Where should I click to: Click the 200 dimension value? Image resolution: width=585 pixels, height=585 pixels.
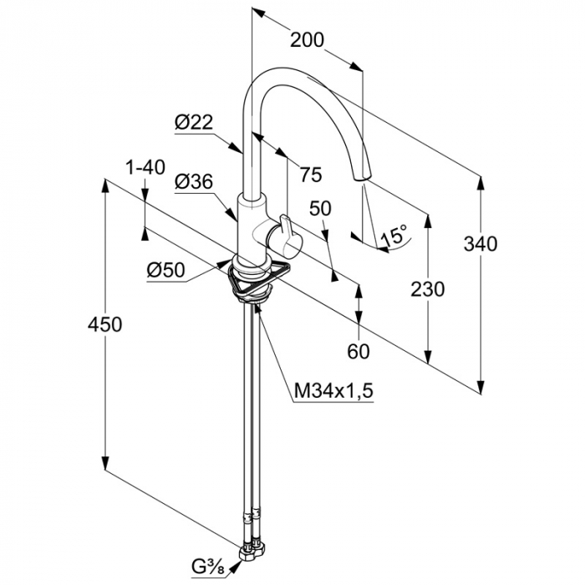click(307, 40)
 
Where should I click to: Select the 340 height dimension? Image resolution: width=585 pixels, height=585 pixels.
click(481, 244)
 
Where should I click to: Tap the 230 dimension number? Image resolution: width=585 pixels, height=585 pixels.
click(428, 289)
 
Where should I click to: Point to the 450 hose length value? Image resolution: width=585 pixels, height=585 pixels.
click(104, 324)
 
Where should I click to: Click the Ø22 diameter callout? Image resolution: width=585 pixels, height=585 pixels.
click(194, 122)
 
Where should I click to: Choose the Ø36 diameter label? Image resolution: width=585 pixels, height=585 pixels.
click(194, 181)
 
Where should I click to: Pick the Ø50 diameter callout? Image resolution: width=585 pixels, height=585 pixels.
click(165, 270)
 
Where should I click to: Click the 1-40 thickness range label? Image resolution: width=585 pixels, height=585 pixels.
click(145, 167)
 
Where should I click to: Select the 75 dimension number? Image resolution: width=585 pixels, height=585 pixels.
click(311, 174)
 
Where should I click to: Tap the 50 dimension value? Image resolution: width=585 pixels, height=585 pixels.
click(320, 209)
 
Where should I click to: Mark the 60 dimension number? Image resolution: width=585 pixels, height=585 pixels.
click(359, 351)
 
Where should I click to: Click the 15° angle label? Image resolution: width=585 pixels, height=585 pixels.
click(394, 236)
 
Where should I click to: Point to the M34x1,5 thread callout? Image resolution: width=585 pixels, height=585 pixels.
click(333, 391)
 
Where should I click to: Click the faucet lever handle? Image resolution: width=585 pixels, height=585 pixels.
click(287, 235)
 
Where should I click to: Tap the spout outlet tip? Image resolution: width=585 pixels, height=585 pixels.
click(362, 177)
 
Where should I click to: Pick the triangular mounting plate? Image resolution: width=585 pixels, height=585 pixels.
click(260, 278)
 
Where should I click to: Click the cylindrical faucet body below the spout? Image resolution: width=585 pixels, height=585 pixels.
click(252, 227)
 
